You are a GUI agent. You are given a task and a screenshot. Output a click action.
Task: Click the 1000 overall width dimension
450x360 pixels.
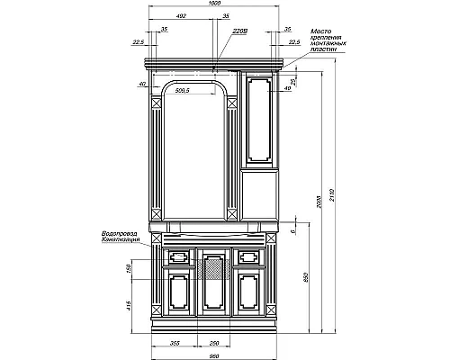[213, 4]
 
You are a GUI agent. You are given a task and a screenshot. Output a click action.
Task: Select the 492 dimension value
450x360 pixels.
[181, 16]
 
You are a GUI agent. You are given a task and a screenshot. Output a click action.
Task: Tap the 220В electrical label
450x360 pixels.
[238, 30]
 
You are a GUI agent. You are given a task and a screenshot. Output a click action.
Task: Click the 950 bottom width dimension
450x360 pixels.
[214, 354]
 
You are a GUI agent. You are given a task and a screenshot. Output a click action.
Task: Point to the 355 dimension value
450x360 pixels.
[175, 342]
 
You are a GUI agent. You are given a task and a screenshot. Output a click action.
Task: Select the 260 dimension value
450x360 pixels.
[214, 342]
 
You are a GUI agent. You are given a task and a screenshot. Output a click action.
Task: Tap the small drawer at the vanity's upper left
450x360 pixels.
[177, 256]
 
